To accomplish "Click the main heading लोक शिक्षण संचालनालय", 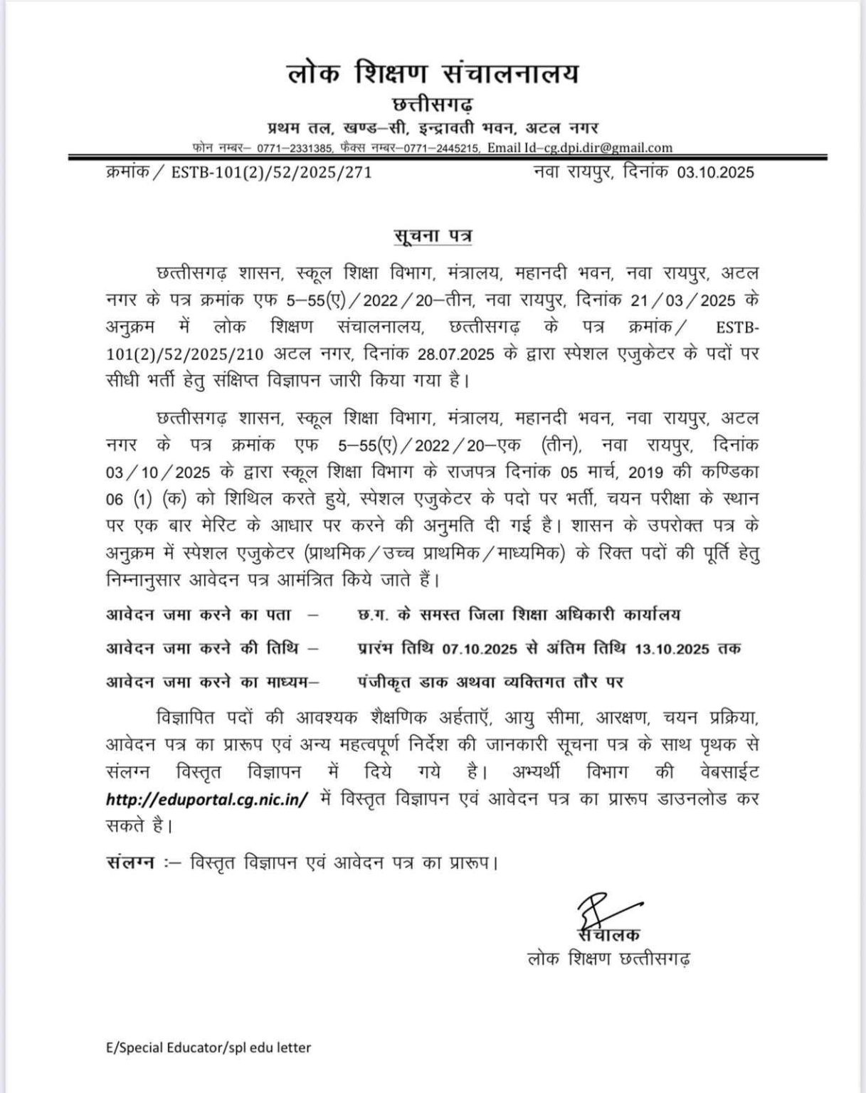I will [x=433, y=74].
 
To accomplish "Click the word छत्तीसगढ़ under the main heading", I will [x=433, y=105].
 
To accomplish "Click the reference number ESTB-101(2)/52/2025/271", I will [x=272, y=172].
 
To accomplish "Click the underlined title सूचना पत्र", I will [x=433, y=236].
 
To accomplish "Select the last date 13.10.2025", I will [x=672, y=648].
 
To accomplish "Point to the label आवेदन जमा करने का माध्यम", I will [x=211, y=682].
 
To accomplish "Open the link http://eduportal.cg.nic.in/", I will [x=207, y=799].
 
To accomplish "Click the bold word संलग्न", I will [x=130, y=863].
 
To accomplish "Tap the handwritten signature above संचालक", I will [x=592, y=910].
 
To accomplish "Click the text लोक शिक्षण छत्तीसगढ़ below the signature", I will [x=608, y=959].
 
